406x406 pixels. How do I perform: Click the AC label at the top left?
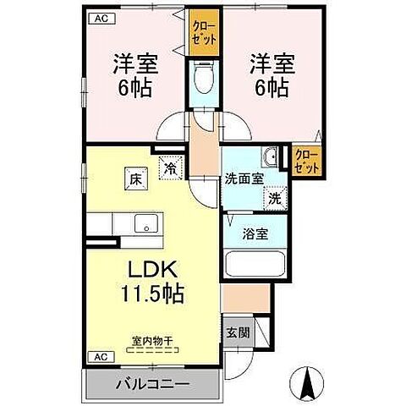(x=98, y=18)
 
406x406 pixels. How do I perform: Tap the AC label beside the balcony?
(x=99, y=356)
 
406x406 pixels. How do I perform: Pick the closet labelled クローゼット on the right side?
(x=307, y=162)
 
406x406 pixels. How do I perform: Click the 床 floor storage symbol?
(x=134, y=179)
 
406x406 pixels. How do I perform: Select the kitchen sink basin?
(x=145, y=224)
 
